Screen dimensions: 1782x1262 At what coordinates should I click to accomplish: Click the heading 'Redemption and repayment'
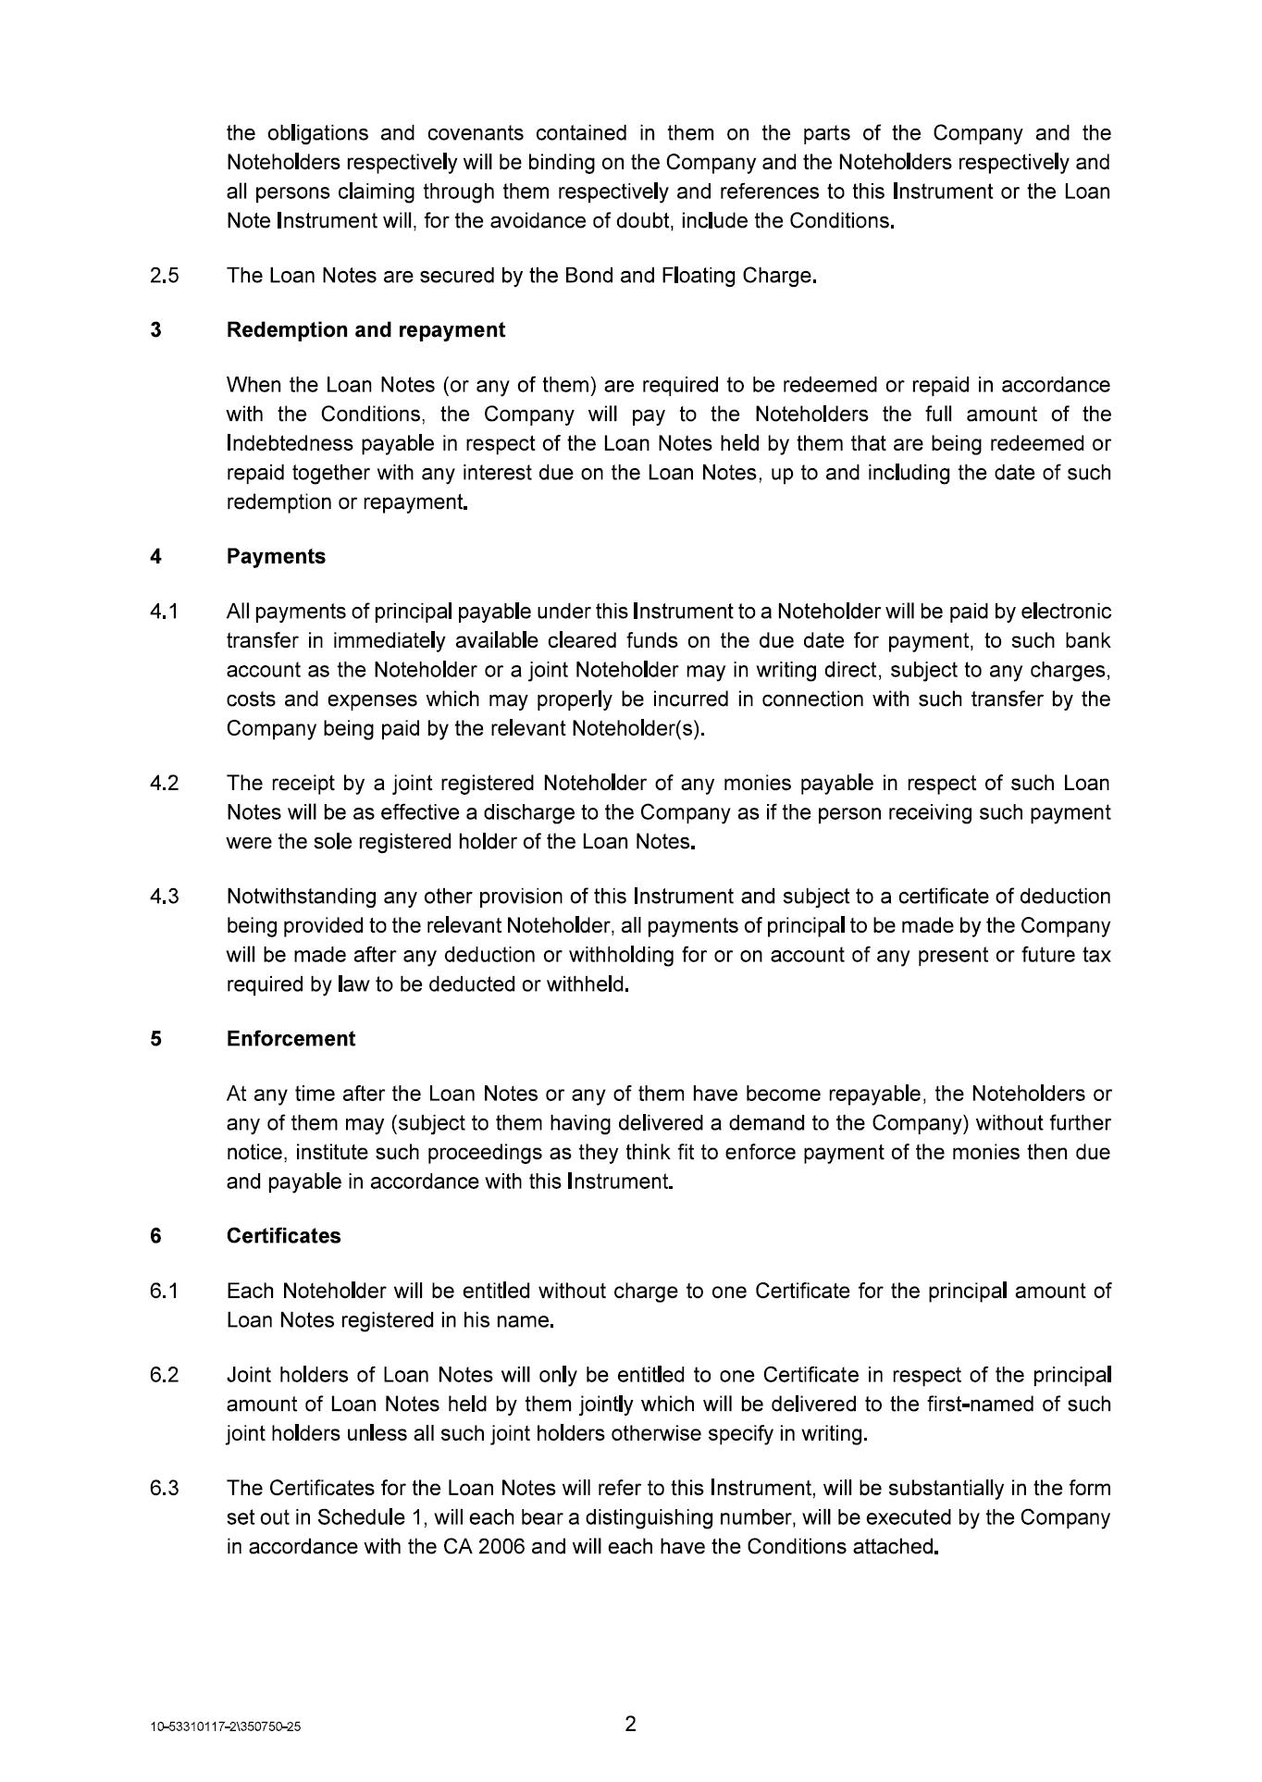coord(365,330)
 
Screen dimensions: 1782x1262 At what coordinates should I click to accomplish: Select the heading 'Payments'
coord(276,557)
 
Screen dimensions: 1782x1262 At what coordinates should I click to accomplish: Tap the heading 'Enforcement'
coord(291,1039)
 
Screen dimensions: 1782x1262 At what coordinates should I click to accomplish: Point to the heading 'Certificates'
coord(283,1236)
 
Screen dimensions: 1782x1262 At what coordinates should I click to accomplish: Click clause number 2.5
coord(164,276)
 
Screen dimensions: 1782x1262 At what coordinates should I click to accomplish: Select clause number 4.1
coord(164,612)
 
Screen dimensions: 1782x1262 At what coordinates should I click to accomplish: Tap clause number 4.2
coord(164,784)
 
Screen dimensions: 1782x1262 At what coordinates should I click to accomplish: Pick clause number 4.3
coord(164,897)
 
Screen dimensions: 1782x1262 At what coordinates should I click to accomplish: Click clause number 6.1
coord(164,1291)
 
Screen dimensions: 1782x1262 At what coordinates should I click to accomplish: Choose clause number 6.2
coord(164,1375)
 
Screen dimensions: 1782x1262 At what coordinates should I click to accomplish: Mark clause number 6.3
coord(164,1488)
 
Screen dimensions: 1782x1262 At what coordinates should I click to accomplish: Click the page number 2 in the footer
coord(631,1724)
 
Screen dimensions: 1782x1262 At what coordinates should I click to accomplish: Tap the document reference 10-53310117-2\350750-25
coord(226,1727)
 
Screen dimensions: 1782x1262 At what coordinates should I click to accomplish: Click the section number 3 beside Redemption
coord(155,330)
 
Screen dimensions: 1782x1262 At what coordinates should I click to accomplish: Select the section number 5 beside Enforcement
coord(155,1039)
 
